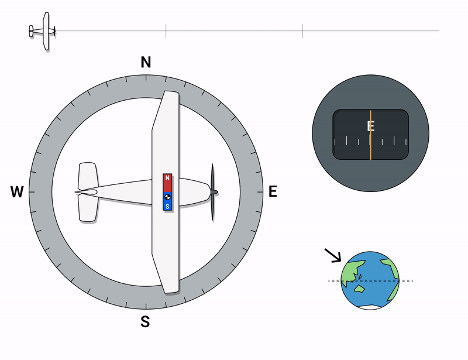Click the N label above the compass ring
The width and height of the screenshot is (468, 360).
pos(146,63)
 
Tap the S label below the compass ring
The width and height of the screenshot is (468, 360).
pos(145,322)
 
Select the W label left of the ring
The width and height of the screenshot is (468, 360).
pos(17,192)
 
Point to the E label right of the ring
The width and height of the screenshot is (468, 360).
pos(273,191)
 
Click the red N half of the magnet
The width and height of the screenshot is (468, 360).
pos(167,183)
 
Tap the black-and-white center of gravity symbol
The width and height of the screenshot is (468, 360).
pos(167,197)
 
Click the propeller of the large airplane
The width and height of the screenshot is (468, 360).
pos(213,192)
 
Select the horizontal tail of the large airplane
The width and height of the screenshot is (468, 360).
pos(88,192)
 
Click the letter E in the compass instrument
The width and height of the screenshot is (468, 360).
pos(371,126)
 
